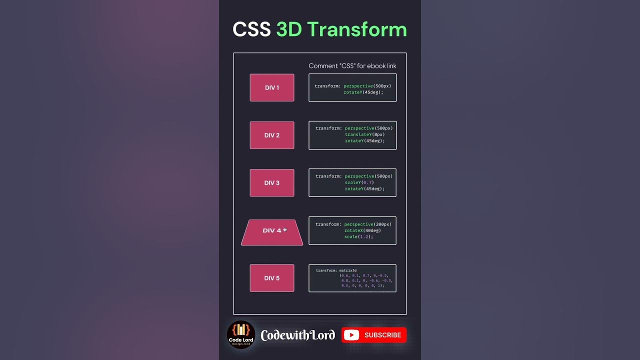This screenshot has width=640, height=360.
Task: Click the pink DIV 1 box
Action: [x=272, y=87]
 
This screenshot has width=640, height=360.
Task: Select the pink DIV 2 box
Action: [x=272, y=135]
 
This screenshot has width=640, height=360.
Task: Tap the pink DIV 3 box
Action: [x=272, y=182]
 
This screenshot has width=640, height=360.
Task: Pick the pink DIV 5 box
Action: [x=272, y=278]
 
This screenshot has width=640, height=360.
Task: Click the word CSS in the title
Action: [x=251, y=29]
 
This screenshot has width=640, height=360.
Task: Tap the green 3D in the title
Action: [x=288, y=29]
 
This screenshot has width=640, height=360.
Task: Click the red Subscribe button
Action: [x=374, y=335]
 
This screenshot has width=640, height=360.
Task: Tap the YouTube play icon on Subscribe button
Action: [x=351, y=335]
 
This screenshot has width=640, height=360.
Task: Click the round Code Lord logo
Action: [x=241, y=334]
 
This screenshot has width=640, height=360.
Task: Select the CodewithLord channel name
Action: [x=297, y=335]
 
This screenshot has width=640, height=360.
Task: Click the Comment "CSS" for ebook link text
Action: [x=352, y=66]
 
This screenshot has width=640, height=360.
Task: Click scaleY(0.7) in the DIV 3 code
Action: [x=359, y=182]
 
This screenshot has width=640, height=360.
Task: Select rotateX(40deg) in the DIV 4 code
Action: [x=362, y=230]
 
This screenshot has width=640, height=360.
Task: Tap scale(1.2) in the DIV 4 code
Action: [x=358, y=236]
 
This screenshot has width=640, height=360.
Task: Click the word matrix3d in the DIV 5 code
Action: [x=347, y=270]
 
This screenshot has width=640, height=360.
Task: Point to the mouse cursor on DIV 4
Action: [x=284, y=229]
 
